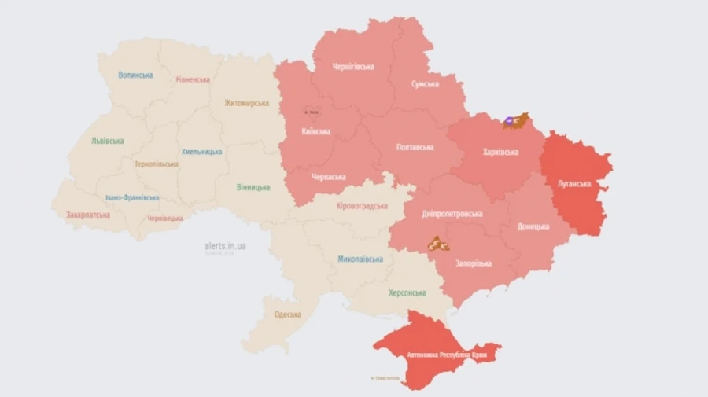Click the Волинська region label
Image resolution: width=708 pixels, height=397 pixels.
point(135,75)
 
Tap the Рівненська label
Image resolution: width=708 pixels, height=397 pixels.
point(193,79)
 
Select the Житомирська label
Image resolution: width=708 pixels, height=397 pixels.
point(246,103)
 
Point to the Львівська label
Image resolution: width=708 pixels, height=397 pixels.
point(107,142)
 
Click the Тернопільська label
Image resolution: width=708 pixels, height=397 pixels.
point(156,164)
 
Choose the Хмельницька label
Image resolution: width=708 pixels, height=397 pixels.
point(201,152)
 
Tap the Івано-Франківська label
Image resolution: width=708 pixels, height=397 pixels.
point(132,198)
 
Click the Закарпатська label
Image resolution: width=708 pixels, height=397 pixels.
point(88,214)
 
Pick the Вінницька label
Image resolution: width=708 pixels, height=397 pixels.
point(253,188)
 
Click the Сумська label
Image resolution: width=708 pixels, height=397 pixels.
point(425,84)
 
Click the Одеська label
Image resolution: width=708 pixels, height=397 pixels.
point(287,314)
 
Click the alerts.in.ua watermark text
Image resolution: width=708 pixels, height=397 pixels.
point(225,246)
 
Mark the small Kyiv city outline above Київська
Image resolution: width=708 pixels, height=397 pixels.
point(312,112)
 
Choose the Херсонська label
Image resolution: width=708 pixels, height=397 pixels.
point(407,292)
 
